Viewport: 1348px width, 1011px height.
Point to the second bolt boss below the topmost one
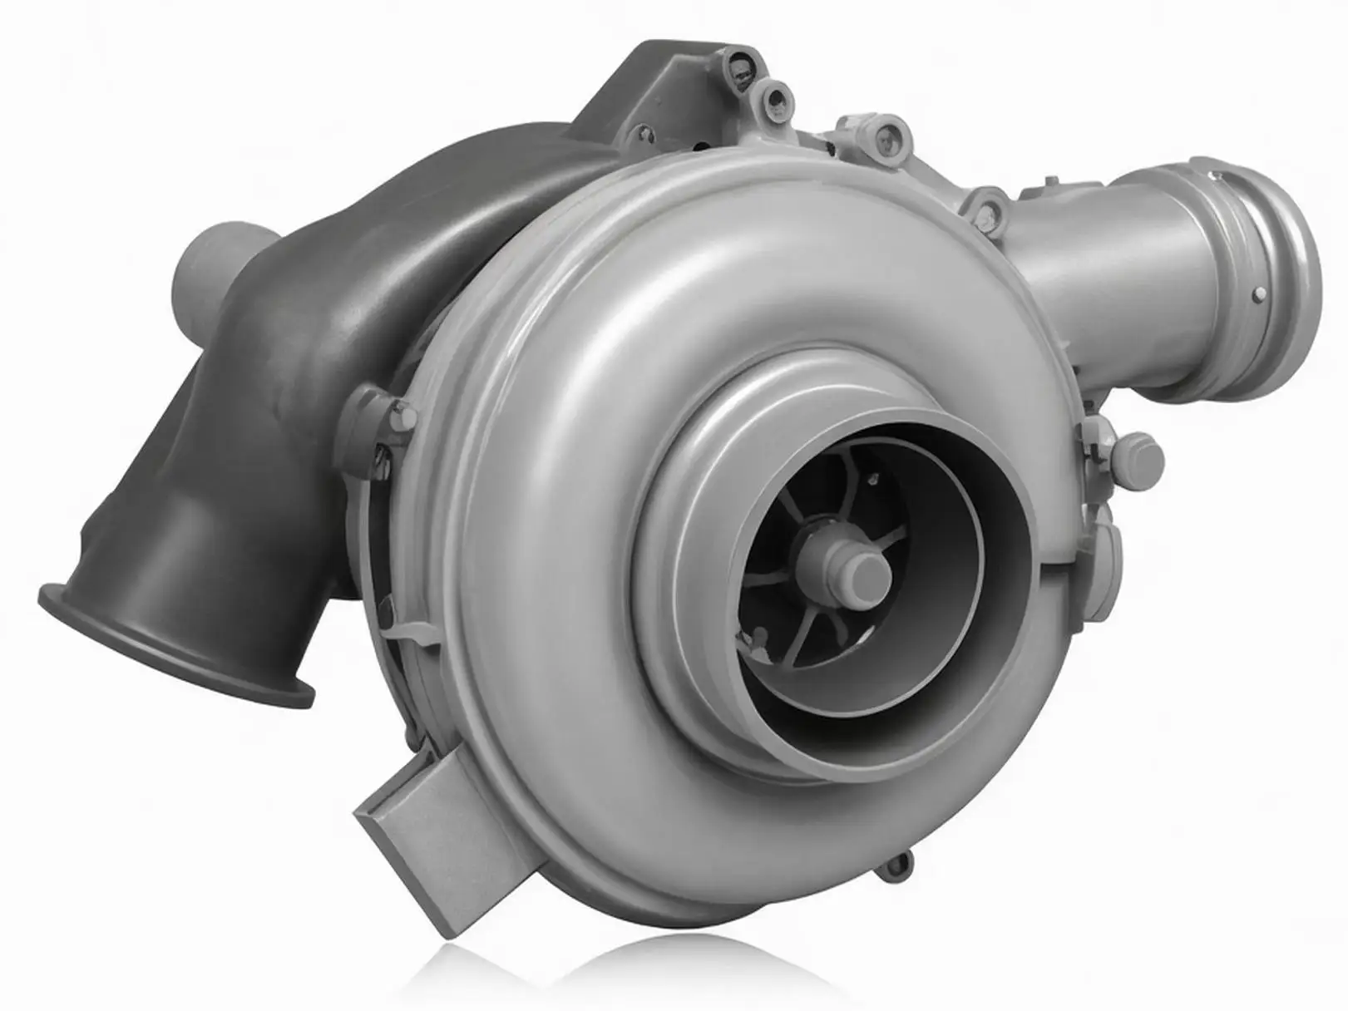pyautogui.click(x=778, y=100)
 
